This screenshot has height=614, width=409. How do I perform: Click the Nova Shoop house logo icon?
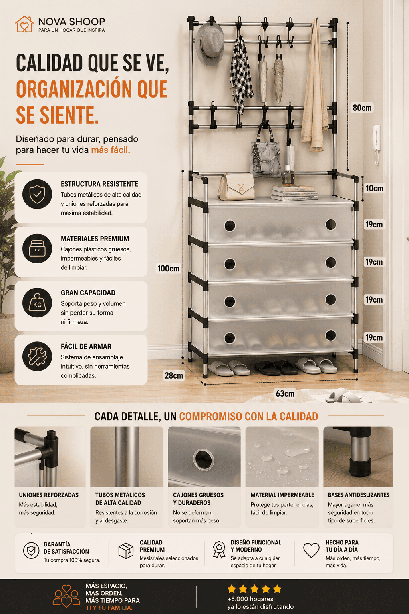(24, 24)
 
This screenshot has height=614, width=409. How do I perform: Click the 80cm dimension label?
(362, 108)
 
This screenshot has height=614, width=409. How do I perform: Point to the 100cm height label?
(168, 268)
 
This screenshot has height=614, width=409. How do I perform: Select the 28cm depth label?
(174, 375)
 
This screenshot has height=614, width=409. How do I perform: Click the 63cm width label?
(285, 394)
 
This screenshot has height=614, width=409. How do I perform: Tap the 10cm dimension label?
(375, 189)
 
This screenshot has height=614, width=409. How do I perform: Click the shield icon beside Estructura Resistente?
(37, 194)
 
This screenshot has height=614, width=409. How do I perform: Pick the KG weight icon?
(37, 303)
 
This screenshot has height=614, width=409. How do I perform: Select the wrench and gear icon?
(37, 356)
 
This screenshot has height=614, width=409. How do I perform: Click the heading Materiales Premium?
(95, 239)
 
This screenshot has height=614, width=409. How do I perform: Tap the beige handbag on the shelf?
(236, 187)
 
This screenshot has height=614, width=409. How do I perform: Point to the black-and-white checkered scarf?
(241, 74)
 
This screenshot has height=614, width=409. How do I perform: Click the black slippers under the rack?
(276, 368)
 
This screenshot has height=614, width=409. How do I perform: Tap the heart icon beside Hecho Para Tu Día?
(311, 550)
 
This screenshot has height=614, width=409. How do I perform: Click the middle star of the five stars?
(254, 589)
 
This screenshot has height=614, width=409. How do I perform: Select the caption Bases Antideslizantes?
(359, 495)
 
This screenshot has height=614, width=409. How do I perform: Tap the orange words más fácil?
(111, 150)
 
